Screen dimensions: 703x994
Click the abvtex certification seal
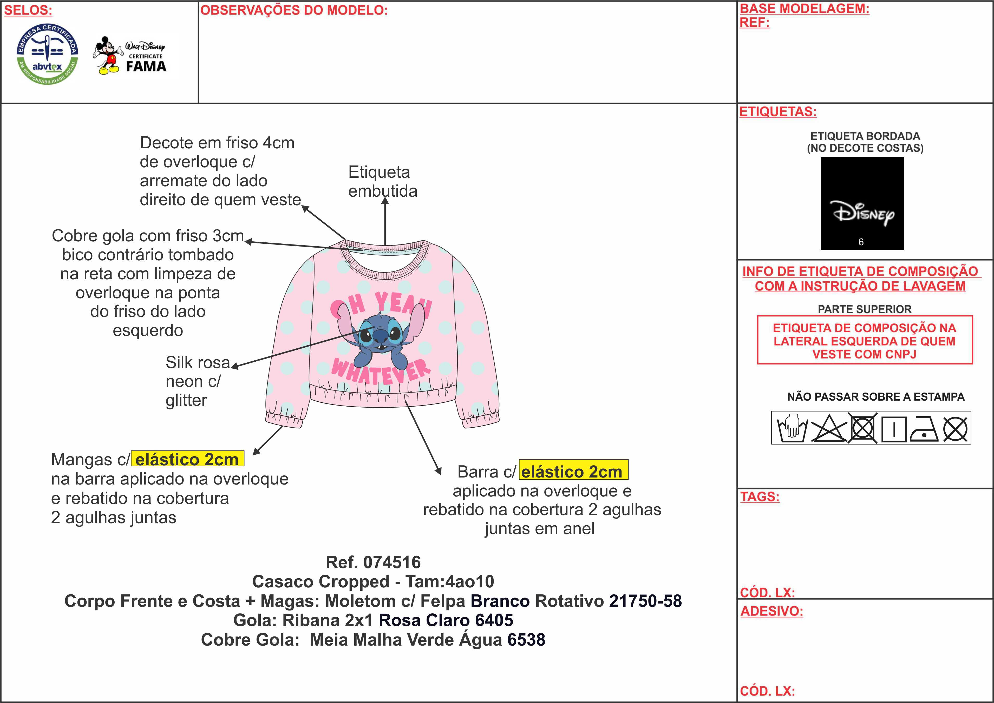[48, 54]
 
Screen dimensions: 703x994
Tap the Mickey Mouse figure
[107, 55]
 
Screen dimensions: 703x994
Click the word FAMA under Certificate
[146, 67]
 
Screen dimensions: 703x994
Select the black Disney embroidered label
[862, 203]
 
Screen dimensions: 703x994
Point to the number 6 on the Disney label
[861, 242]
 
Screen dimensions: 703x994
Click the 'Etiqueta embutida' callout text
[382, 181]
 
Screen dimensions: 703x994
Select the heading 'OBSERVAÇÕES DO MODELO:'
[294, 10]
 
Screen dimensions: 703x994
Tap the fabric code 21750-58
[645, 601]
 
